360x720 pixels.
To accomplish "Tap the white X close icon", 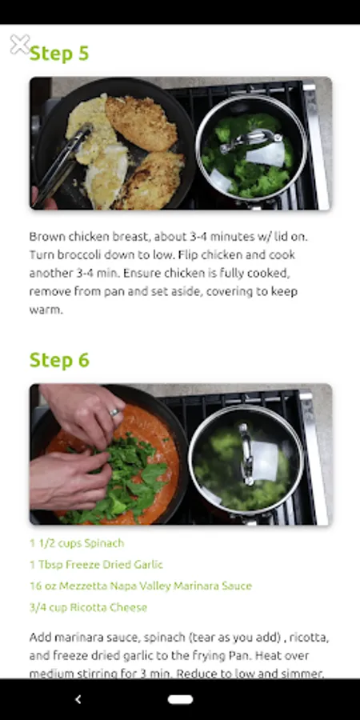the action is (x=20, y=45).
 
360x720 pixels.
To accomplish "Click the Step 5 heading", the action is (x=58, y=54).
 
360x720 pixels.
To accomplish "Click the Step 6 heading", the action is (x=58, y=360).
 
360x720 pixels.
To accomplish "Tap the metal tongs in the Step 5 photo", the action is (x=62, y=164).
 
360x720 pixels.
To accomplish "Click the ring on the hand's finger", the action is (x=114, y=412).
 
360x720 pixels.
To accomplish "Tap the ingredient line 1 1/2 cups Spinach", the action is (x=77, y=543).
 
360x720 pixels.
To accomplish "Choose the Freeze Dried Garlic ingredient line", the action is (x=96, y=564).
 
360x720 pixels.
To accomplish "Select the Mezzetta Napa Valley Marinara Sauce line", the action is (x=141, y=586).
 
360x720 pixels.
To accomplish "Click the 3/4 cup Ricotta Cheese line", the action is (x=88, y=607).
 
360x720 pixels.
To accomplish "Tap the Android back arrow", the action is (x=78, y=699).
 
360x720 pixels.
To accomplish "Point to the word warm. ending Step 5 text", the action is (x=46, y=310).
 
